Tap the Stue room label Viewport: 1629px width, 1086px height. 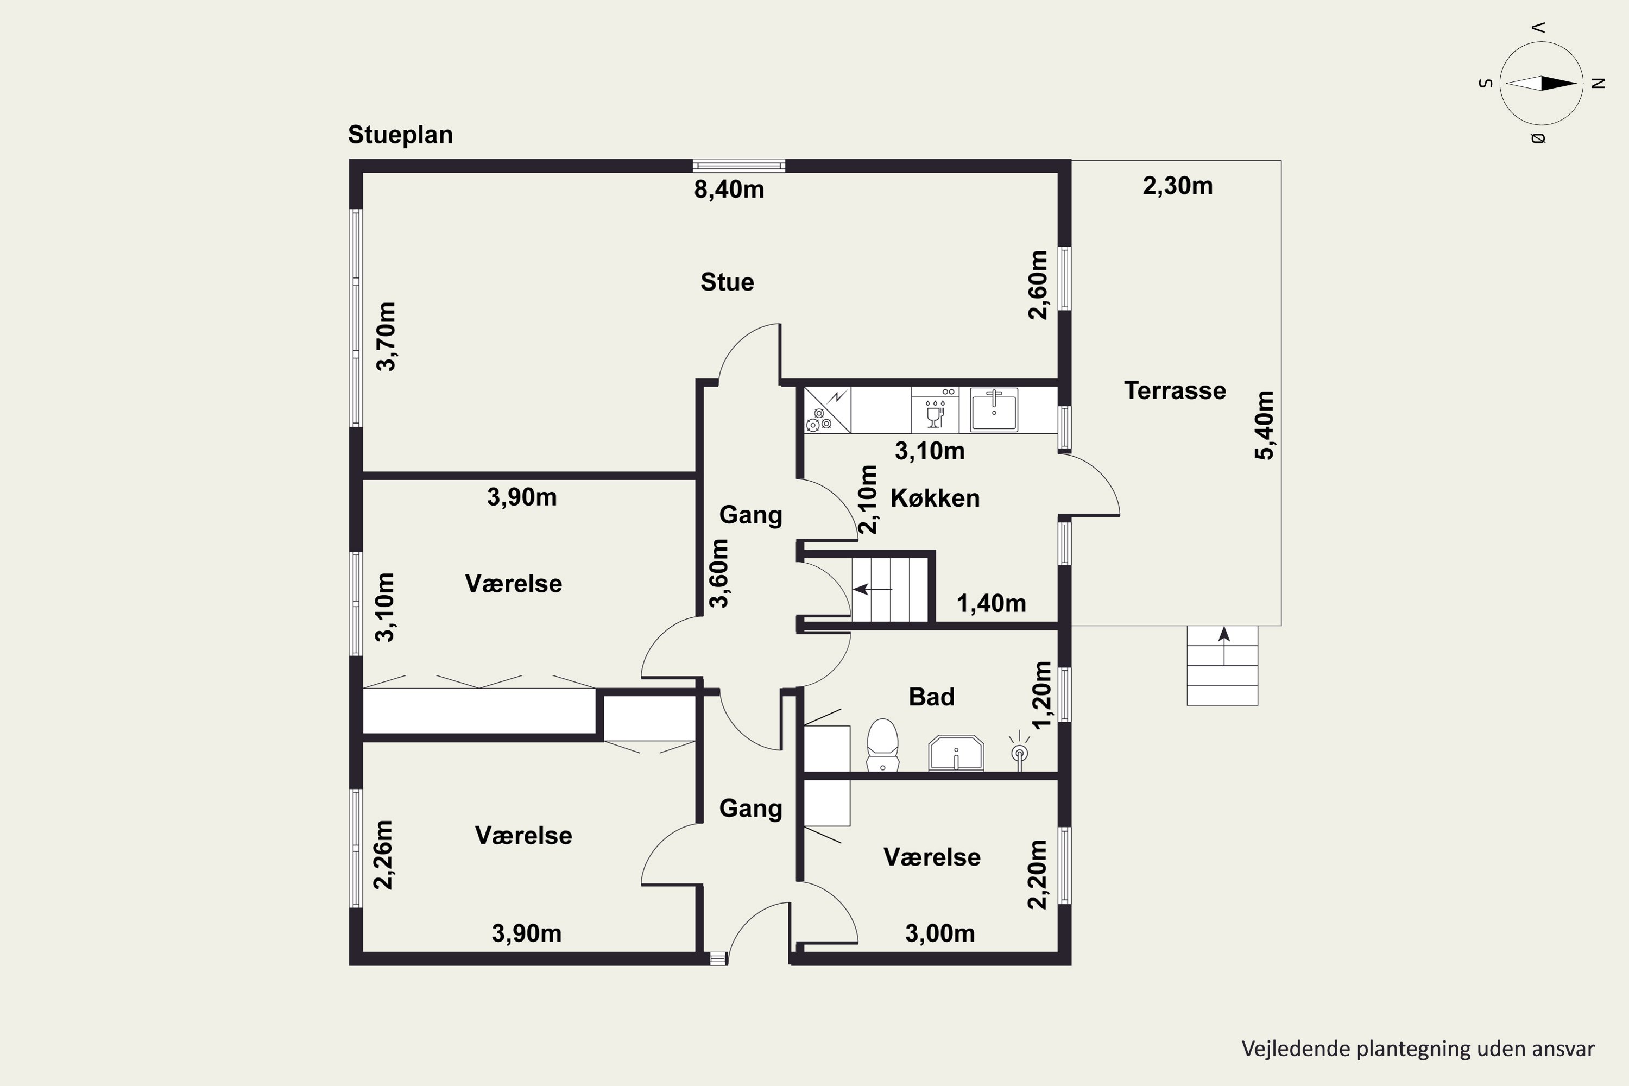pos(727,282)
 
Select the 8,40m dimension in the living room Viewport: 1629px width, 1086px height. pos(729,189)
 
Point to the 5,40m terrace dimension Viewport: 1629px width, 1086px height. pos(1264,425)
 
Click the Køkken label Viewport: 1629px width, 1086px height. pos(935,498)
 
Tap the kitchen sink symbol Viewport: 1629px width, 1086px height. pos(994,409)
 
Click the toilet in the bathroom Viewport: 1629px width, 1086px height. pos(882,745)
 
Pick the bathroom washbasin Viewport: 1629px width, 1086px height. pos(956,753)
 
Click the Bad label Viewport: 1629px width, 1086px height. pos(932,697)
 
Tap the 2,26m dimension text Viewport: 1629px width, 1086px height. pos(383,855)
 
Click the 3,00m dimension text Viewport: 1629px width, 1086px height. pos(940,933)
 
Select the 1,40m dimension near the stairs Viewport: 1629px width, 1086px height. pos(991,603)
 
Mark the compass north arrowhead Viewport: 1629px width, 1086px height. pos(1559,84)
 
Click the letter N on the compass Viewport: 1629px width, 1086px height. pos(1598,84)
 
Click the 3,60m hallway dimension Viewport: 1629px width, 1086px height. pos(719,573)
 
